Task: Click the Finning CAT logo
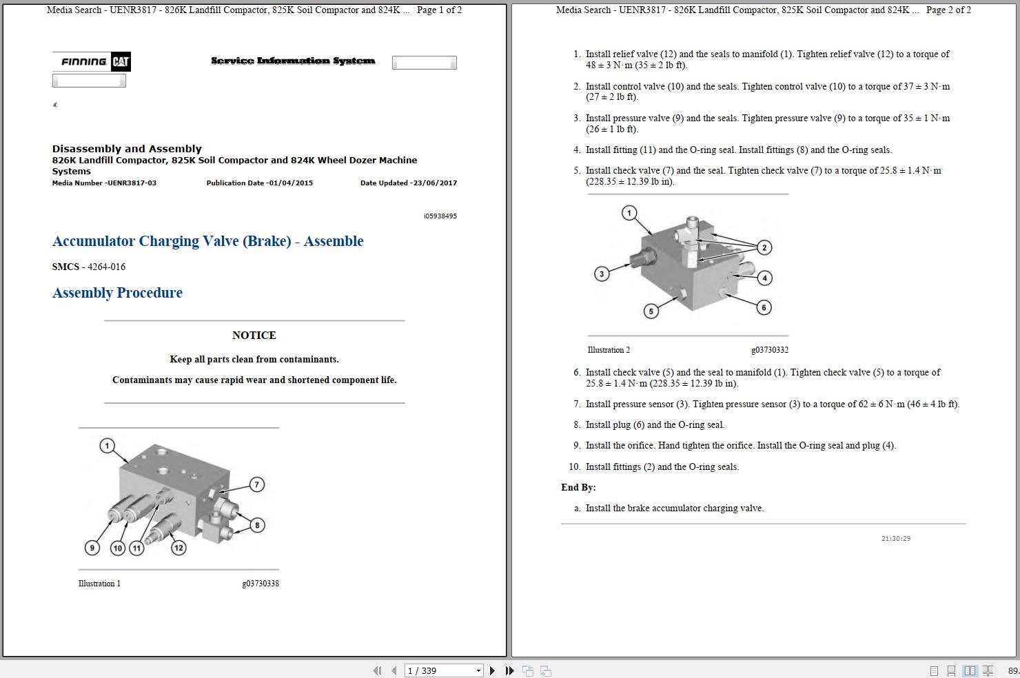coord(92,61)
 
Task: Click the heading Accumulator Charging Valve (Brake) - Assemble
coord(207,241)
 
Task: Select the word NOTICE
coord(254,336)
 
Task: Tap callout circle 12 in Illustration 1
coord(178,548)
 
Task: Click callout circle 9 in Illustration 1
coord(92,548)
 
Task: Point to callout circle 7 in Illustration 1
coord(256,484)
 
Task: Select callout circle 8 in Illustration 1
coord(257,525)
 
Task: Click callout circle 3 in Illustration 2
coord(602,274)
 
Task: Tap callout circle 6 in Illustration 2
coord(764,307)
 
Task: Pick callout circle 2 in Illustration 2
coord(764,247)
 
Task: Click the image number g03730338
coord(260,584)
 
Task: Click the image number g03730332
coord(769,350)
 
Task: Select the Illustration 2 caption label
coord(609,350)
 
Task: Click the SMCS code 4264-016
coord(106,267)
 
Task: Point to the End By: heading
coord(578,487)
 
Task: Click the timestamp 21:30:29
coord(895,539)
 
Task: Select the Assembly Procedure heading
coord(117,293)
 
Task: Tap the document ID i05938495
coord(440,216)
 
